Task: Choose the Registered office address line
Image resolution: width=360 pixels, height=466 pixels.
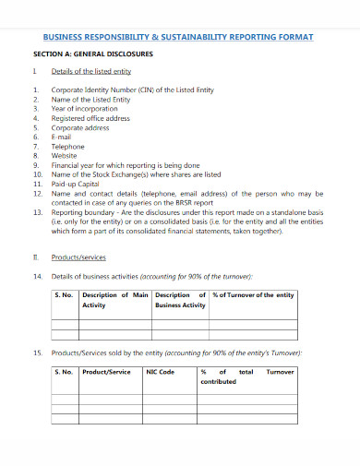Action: pos(90,118)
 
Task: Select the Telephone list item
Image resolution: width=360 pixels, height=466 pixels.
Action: pos(68,146)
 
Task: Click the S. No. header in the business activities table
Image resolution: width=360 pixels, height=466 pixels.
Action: pos(64,295)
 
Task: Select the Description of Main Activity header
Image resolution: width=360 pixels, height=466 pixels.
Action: pos(115,300)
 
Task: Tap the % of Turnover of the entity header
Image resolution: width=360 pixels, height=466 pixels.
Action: pos(253,295)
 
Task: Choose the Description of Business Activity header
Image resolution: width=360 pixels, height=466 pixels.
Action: pos(180,300)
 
